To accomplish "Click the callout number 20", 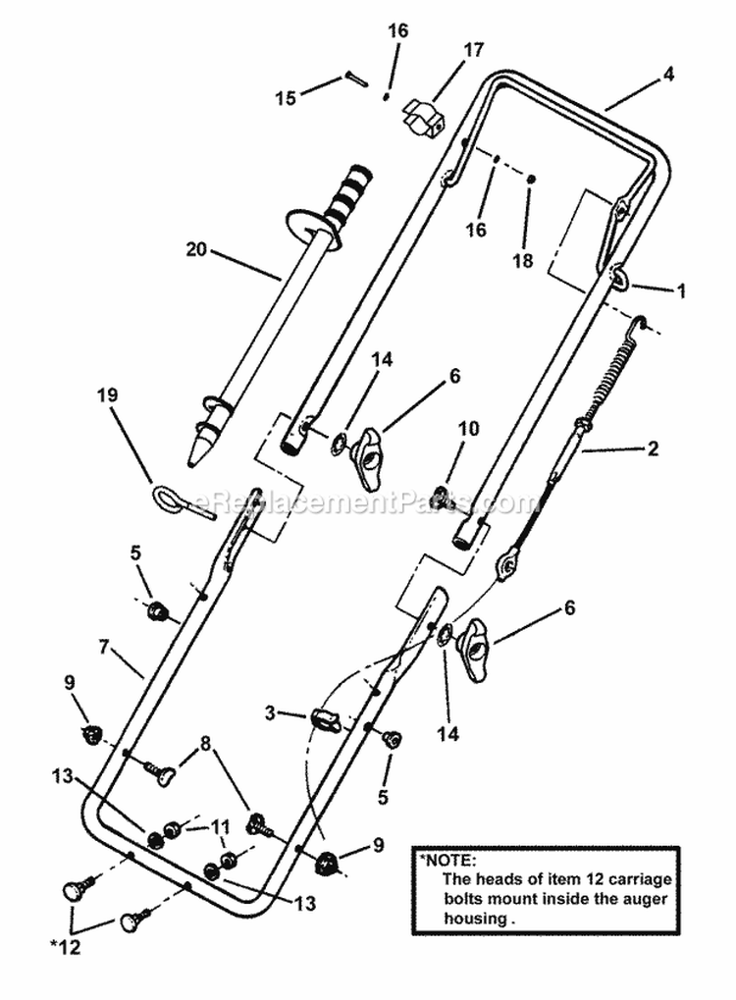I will pos(197,250).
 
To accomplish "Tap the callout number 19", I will pos(108,395).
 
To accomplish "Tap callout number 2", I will pos(653,450).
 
